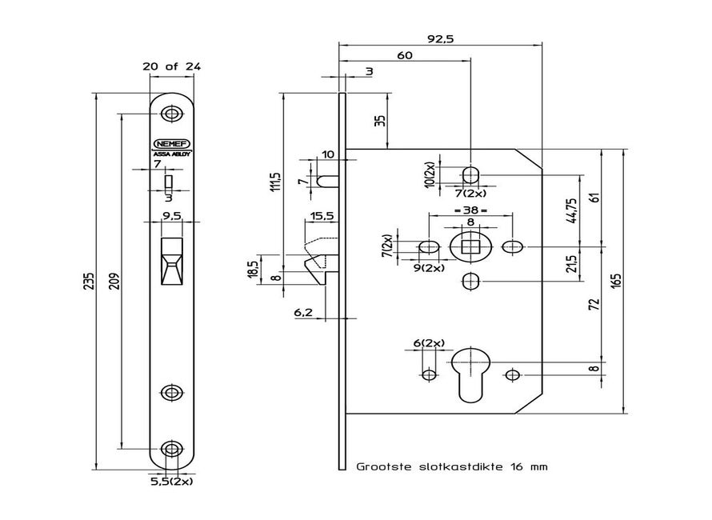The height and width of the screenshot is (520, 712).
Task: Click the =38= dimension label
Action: coord(470,210)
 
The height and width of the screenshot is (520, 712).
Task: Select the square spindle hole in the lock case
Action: coord(470,246)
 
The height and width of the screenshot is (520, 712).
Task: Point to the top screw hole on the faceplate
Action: coord(170,113)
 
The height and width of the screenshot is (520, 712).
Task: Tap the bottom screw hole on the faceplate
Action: coord(170,447)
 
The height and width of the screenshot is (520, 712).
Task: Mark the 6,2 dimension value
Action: coord(304,313)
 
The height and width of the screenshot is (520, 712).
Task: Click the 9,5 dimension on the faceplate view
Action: coord(171,215)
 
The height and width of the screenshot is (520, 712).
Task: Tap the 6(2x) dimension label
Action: coord(429,343)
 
